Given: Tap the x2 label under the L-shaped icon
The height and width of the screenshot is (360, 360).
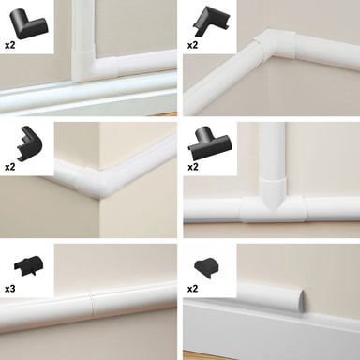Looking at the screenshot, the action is click(10, 45).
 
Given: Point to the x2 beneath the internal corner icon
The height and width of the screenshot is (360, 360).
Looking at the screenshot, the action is click(193, 45).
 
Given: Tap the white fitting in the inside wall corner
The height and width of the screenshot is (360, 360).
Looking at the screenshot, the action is click(275, 45).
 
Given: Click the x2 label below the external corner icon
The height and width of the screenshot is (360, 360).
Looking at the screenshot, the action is click(10, 167).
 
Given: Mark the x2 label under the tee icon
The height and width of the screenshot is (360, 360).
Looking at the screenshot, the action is click(193, 167).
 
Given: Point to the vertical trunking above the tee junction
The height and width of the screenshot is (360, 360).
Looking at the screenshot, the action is click(272, 150).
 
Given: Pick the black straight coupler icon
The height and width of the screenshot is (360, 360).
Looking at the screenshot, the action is click(28, 266).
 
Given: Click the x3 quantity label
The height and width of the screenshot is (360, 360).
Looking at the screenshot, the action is click(10, 289).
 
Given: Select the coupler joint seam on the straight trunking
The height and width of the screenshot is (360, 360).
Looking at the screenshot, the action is click(91, 307).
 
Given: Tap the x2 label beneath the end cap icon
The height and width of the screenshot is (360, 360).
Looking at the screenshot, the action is click(193, 289).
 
